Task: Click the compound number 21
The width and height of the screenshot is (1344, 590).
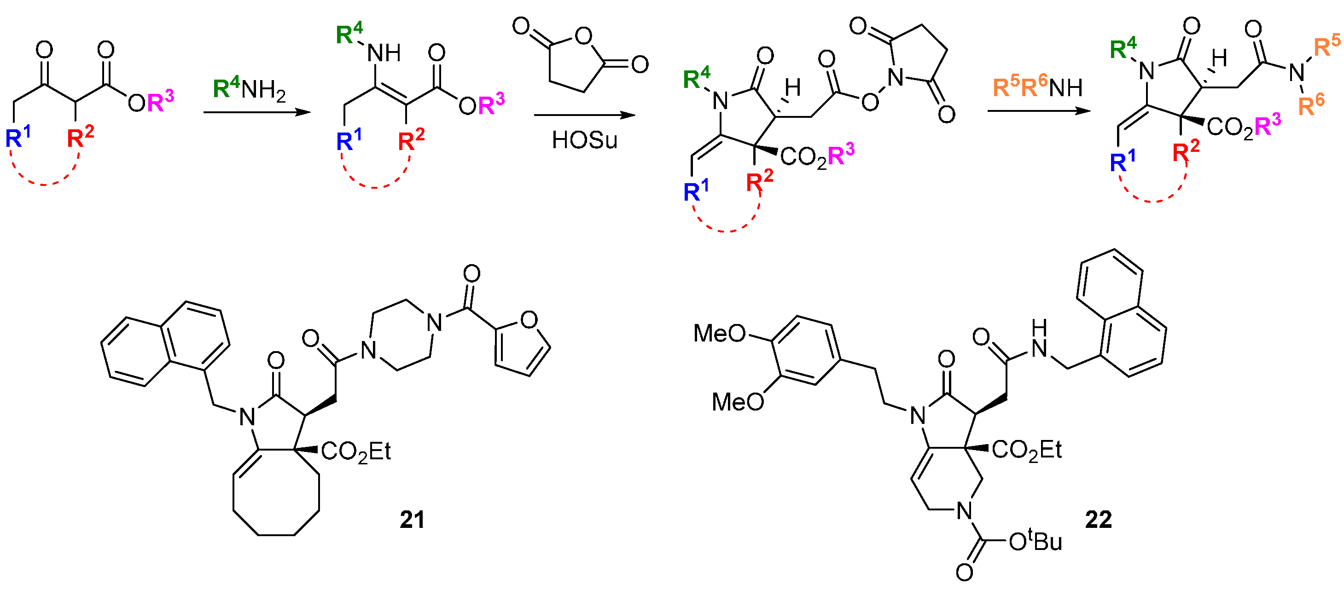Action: (412, 520)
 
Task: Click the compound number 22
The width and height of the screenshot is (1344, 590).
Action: (1098, 520)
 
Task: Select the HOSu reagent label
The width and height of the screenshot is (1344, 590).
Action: (584, 140)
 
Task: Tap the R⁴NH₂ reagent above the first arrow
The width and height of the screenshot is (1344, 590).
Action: (249, 89)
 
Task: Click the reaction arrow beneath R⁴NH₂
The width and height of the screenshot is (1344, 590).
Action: (257, 112)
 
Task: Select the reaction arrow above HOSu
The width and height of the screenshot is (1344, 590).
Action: (584, 116)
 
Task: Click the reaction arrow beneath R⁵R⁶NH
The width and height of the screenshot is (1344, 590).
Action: (1039, 111)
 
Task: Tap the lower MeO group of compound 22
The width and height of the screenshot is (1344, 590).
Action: (738, 402)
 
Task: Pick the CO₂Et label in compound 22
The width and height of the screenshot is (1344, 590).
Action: (1026, 450)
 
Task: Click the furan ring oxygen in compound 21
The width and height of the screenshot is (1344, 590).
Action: (529, 320)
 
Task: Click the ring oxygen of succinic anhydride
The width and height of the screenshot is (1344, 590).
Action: (583, 36)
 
